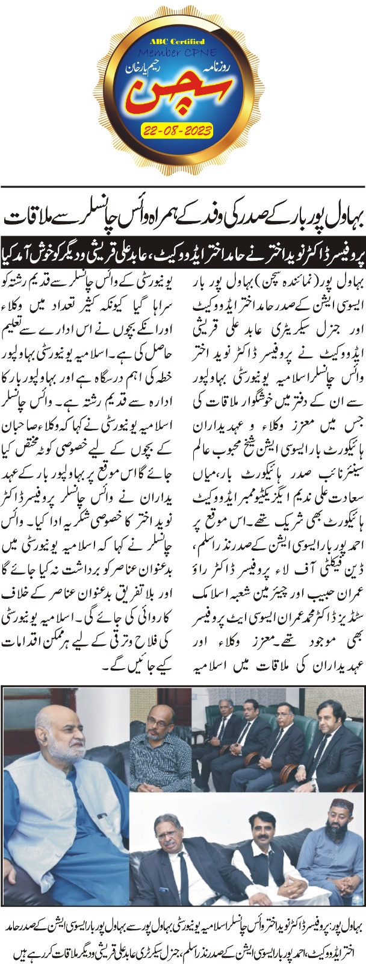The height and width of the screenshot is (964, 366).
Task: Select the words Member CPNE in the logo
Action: pos(181,53)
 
